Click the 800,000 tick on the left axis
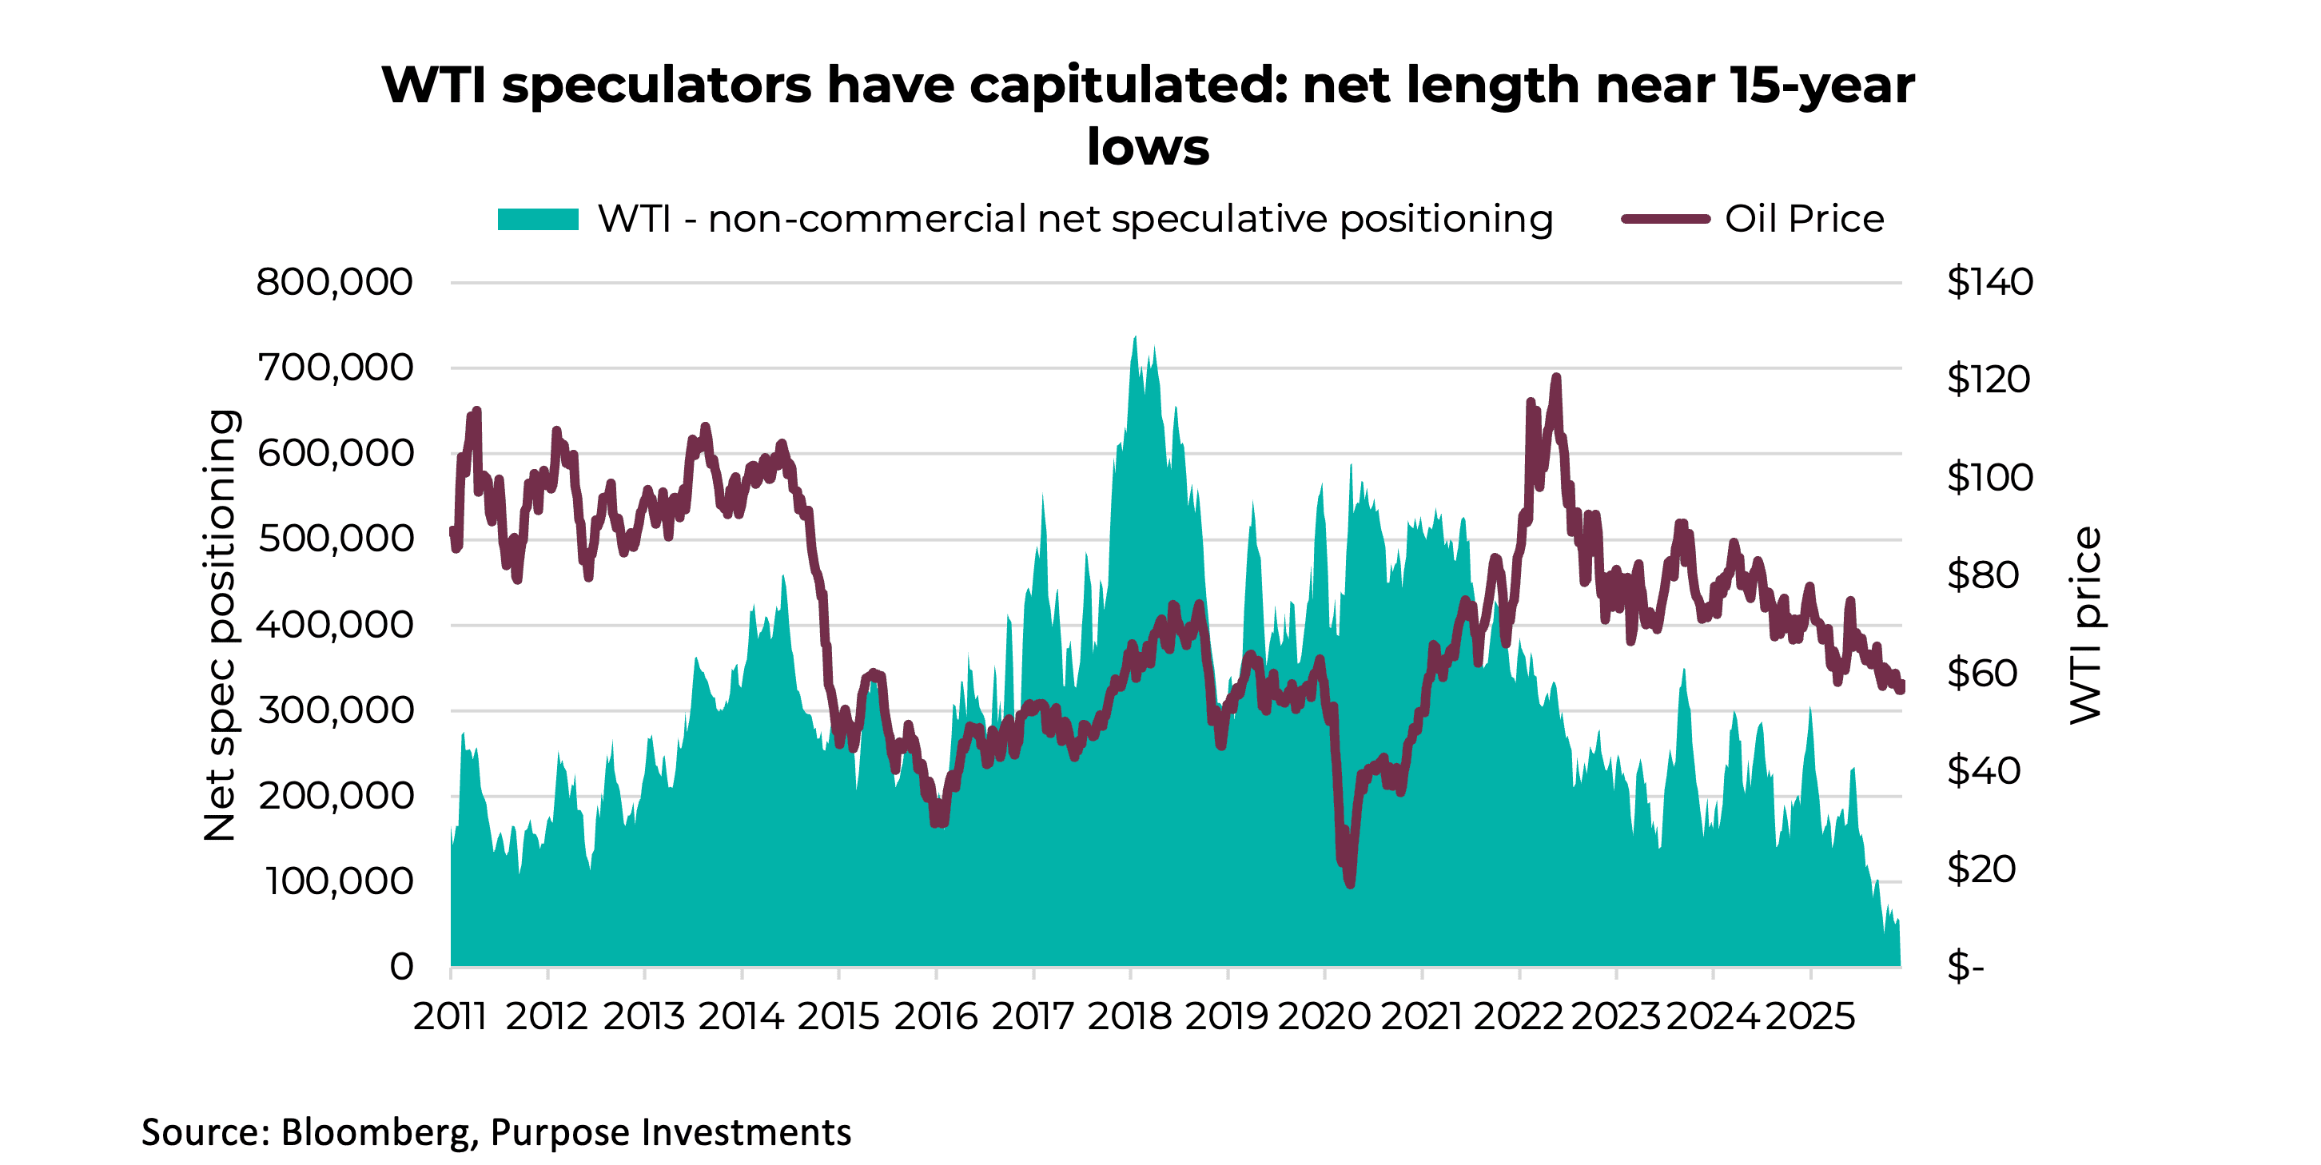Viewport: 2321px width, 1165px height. [334, 282]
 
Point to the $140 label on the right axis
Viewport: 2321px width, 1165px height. [1989, 282]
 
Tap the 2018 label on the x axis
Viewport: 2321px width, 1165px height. [1129, 1016]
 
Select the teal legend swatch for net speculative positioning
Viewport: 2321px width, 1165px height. [538, 219]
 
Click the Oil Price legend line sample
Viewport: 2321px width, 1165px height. [1665, 219]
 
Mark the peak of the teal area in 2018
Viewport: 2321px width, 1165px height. [1134, 338]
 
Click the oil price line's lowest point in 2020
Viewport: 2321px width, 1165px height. [1350, 884]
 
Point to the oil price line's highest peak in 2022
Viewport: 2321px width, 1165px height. [1556, 377]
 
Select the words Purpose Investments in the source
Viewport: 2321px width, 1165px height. [671, 1132]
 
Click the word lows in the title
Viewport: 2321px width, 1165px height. [1147, 147]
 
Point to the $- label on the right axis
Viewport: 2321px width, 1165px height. [1965, 967]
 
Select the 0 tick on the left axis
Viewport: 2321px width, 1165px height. [401, 967]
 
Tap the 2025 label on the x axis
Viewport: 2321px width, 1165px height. [1809, 1016]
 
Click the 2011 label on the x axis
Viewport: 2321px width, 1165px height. [450, 1016]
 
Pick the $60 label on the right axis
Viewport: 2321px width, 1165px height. [1982, 673]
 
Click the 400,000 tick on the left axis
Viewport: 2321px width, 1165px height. [334, 624]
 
